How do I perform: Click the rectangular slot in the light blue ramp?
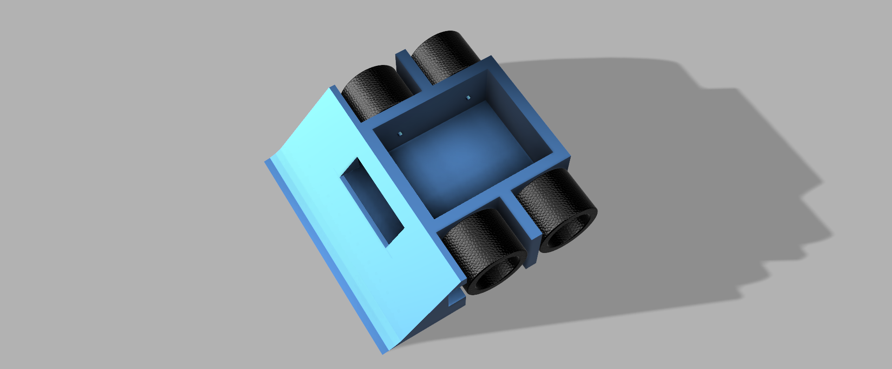(x=373, y=202)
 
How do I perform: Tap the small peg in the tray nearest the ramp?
(x=400, y=134)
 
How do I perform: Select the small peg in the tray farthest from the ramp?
(x=468, y=97)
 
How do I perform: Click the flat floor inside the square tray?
(x=460, y=153)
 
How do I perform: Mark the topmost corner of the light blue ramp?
(x=334, y=87)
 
